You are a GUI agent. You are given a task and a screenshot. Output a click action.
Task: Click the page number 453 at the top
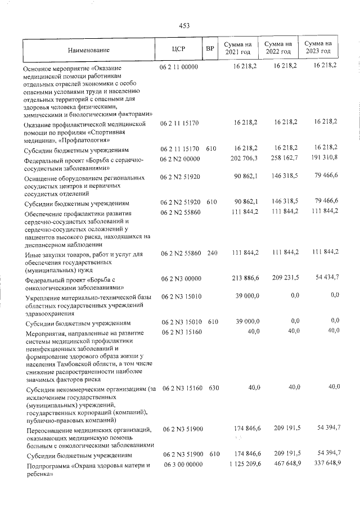(x=184, y=25)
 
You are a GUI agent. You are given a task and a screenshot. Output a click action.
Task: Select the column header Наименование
(x=89, y=49)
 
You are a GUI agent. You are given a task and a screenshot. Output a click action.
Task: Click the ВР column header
(x=210, y=48)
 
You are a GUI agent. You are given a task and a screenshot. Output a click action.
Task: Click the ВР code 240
(x=211, y=254)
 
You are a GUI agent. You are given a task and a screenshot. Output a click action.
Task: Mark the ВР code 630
(x=211, y=388)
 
